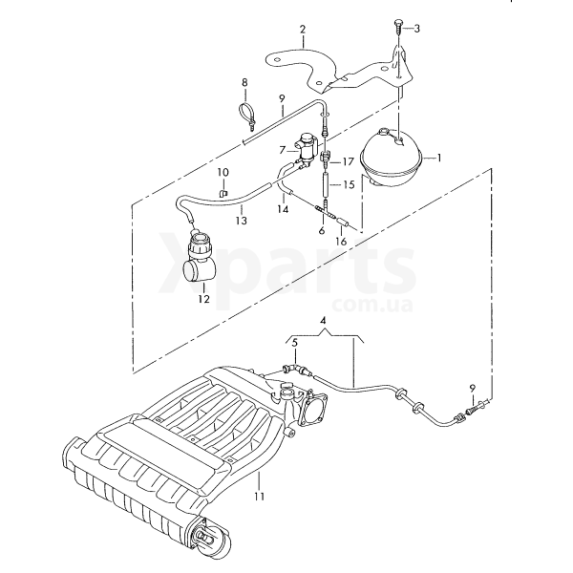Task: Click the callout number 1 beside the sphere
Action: pyautogui.click(x=439, y=158)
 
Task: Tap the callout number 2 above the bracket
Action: pyautogui.click(x=303, y=30)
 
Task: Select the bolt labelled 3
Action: pyautogui.click(x=397, y=28)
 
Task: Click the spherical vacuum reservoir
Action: pyautogui.click(x=391, y=158)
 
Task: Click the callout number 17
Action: pyautogui.click(x=348, y=161)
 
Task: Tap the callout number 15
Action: pyautogui.click(x=349, y=184)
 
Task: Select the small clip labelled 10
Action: pyautogui.click(x=223, y=193)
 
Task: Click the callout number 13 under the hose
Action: pyautogui.click(x=242, y=221)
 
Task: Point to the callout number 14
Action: pyautogui.click(x=283, y=209)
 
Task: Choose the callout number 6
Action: pyautogui.click(x=322, y=230)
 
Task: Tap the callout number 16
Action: pyautogui.click(x=341, y=242)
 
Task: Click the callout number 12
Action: pyautogui.click(x=204, y=299)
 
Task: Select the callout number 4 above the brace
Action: pyautogui.click(x=323, y=321)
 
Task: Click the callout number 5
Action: pyautogui.click(x=294, y=343)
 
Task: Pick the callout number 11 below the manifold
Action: pyautogui.click(x=259, y=497)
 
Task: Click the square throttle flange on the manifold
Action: pyautogui.click(x=313, y=407)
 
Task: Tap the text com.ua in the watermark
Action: pyautogui.click(x=372, y=306)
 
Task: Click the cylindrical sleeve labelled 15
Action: pyautogui.click(x=327, y=185)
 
